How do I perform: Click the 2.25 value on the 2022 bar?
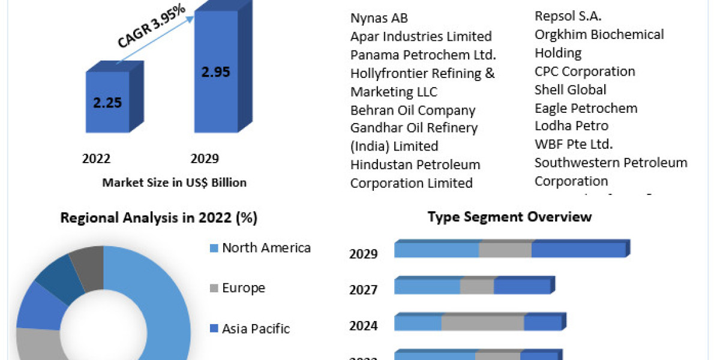(107, 103)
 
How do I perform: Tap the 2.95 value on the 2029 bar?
(215, 72)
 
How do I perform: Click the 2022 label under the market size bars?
(96, 158)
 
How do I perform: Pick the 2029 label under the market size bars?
(205, 158)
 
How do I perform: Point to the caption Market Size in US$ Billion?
(174, 182)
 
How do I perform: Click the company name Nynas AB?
(379, 18)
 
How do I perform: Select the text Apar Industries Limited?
(421, 37)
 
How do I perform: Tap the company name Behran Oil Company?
(413, 110)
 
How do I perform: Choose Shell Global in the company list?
(570, 90)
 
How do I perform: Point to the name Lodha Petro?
(571, 126)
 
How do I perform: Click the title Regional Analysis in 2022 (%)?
(159, 218)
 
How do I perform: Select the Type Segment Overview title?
(509, 217)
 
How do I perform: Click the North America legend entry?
(266, 248)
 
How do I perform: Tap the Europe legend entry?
(243, 288)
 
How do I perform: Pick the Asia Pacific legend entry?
(256, 329)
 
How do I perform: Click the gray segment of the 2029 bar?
(505, 250)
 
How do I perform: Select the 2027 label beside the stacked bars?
(364, 290)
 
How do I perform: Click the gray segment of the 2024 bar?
(482, 323)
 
